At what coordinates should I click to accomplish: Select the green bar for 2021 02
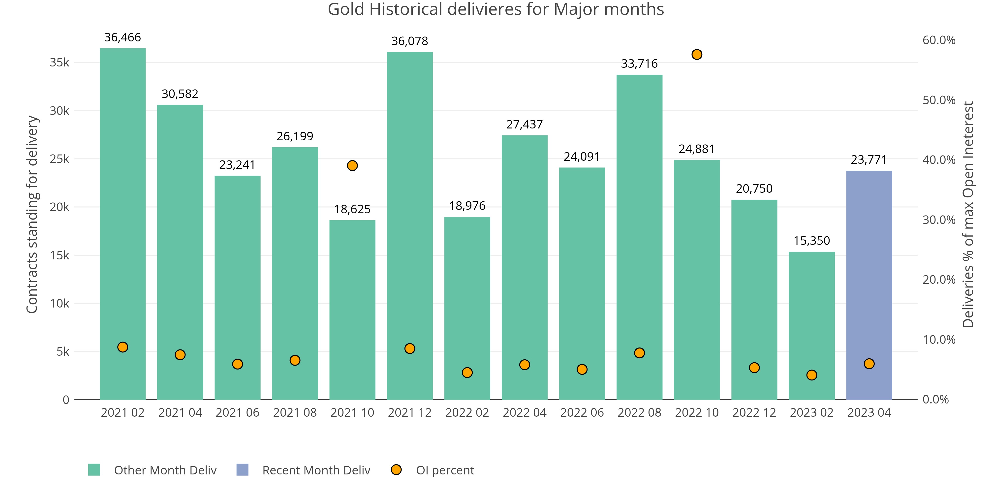click(x=123, y=223)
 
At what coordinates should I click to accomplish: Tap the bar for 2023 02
click(x=811, y=325)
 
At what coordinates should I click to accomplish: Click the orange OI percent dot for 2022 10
click(x=697, y=55)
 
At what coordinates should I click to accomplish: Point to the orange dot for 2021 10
click(x=352, y=166)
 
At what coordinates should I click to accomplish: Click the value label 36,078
click(x=409, y=41)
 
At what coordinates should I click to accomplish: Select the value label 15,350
click(x=811, y=241)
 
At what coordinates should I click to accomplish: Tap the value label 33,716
click(x=639, y=63)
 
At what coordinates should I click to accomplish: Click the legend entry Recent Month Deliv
click(x=316, y=470)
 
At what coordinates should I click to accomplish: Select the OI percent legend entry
click(x=445, y=470)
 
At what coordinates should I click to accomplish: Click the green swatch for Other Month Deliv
click(x=94, y=470)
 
